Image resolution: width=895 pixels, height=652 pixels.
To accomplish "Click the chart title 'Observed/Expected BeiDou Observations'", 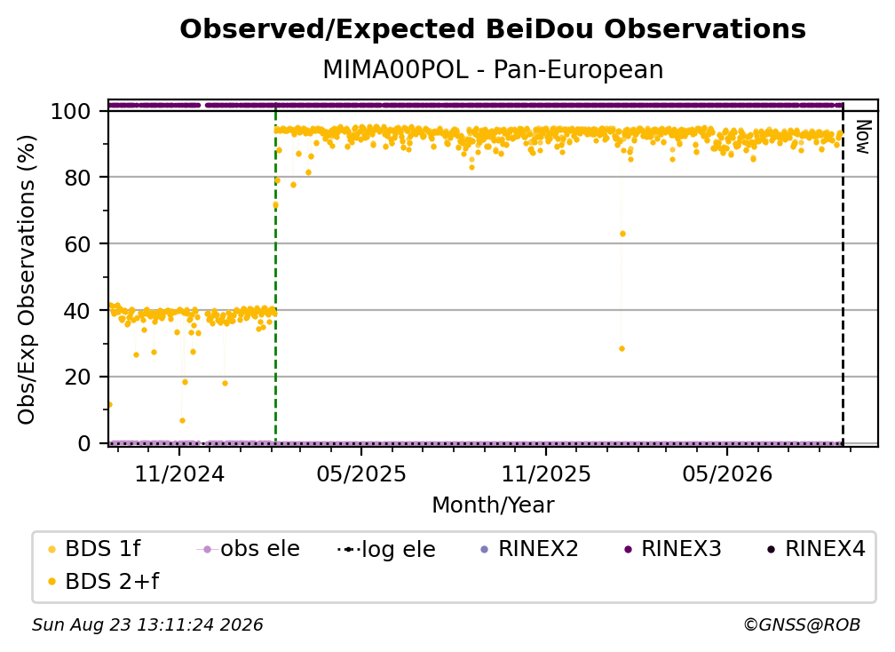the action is coord(493,29).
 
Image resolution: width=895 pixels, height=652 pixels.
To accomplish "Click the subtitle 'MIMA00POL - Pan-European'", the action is coord(493,70).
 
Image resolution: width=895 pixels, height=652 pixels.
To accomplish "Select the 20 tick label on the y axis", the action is coord(78,377).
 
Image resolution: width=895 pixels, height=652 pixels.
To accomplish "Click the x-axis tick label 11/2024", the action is coord(179,473).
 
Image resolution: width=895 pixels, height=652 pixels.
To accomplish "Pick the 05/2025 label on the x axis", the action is coord(360,473).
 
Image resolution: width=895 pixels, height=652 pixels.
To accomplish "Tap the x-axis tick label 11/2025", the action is coord(546,473).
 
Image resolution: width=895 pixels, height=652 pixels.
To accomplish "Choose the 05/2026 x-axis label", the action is coord(726,473).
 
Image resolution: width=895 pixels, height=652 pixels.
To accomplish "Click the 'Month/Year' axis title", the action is coord(493,505).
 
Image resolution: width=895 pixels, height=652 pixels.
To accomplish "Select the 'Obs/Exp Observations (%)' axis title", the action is coord(27,279).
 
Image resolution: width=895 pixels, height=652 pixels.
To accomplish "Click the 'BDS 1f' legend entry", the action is coord(93,549).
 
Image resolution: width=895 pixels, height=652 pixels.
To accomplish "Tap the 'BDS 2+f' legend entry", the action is coord(103,582).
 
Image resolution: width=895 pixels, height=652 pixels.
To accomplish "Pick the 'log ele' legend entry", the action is coord(386,550).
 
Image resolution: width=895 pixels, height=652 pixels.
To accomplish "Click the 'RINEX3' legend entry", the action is coord(673,549).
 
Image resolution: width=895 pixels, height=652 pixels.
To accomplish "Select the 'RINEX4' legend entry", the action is coord(816,549).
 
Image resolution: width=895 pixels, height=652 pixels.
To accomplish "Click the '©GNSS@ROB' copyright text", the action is coord(802,625).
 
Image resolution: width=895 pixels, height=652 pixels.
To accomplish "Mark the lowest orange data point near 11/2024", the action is coord(182,421).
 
